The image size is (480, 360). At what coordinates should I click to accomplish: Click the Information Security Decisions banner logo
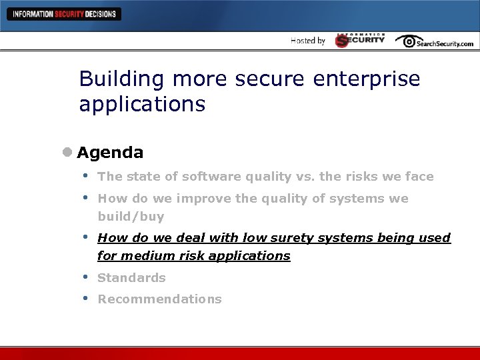click(64, 13)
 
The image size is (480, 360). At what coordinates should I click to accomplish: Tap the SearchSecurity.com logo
click(435, 41)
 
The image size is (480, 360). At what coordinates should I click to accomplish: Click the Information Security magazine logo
click(360, 40)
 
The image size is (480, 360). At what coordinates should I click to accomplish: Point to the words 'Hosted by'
click(308, 41)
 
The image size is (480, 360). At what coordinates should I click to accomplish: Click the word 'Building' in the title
click(122, 79)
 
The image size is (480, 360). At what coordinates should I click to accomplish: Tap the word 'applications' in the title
click(142, 105)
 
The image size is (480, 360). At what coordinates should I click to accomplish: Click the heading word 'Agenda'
click(110, 153)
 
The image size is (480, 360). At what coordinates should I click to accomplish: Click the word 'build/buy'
click(131, 217)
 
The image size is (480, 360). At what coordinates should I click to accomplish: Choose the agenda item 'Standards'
click(131, 278)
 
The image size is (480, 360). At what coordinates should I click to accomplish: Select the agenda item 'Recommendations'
click(159, 299)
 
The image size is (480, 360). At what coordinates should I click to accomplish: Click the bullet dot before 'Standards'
click(85, 277)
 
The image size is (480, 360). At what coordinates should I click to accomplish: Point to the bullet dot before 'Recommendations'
click(85, 298)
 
